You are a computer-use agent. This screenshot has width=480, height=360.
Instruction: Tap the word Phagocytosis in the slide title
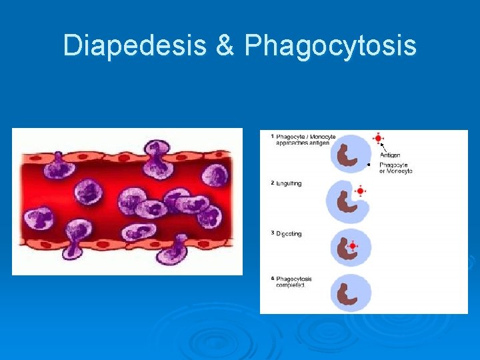(x=331, y=46)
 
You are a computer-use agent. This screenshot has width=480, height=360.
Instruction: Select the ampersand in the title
(x=225, y=46)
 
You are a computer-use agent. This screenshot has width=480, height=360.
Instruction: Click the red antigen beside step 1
(x=379, y=139)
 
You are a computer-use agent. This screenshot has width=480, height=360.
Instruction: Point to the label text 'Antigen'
(x=390, y=155)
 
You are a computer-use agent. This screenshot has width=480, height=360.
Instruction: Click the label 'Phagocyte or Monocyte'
(x=395, y=167)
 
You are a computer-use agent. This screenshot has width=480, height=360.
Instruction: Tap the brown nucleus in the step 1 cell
(x=346, y=155)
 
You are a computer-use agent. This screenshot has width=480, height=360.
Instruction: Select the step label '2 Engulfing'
(x=286, y=183)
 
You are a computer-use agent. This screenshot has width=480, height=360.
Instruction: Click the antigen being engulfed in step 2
(x=360, y=191)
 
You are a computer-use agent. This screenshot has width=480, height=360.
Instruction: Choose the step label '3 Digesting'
(x=287, y=233)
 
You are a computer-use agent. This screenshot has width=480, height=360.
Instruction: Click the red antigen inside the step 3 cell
(x=353, y=246)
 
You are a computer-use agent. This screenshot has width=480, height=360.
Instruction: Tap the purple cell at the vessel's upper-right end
(x=215, y=175)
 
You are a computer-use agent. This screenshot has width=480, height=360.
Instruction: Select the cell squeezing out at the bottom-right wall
(x=176, y=251)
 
